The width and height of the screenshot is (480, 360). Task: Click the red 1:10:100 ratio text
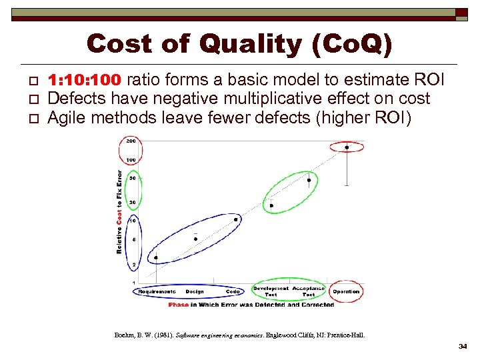[85, 81]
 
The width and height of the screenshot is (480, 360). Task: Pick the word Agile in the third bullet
[65, 118]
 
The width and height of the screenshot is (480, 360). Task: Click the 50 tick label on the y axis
[133, 179]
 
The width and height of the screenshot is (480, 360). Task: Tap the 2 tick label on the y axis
[133, 265]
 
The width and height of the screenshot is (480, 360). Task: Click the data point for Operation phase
[347, 147]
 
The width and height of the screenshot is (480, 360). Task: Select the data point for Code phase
[235, 219]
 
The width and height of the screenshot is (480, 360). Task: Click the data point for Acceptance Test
[309, 180]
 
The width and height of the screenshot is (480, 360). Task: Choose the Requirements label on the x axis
[157, 291]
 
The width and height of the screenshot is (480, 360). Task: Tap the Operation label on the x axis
[346, 291]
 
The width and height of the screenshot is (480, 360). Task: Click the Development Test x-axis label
[271, 291]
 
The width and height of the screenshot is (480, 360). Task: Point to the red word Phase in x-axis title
[179, 305]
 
